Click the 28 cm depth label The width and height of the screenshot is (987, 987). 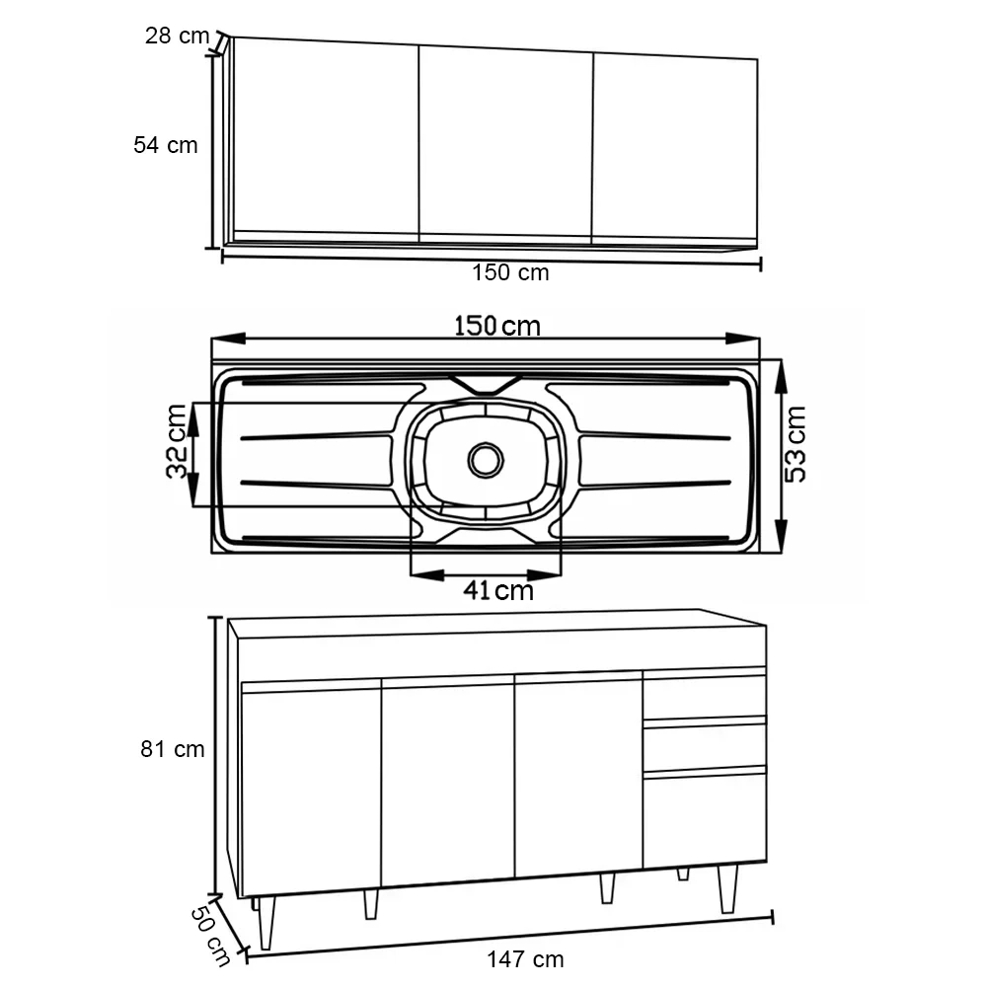177,36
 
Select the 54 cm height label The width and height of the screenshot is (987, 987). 166,145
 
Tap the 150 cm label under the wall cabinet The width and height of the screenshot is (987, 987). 510,272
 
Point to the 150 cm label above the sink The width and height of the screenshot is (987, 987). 497,326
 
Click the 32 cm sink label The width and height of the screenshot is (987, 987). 177,441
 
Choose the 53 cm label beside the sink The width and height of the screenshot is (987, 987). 795,444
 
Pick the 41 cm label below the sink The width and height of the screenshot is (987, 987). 498,590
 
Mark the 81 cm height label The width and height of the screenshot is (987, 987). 173,749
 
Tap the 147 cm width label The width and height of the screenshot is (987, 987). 525,960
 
